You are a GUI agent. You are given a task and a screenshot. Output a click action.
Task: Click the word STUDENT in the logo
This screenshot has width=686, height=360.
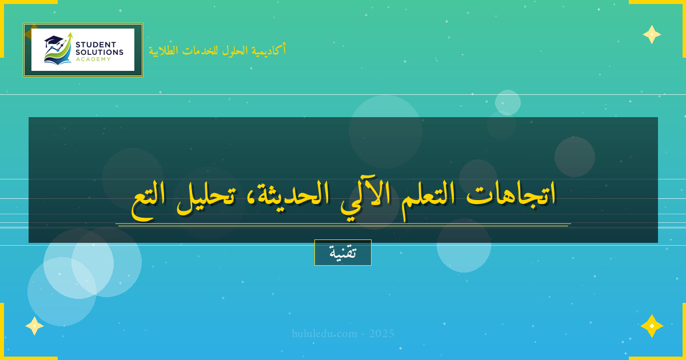tap(95, 45)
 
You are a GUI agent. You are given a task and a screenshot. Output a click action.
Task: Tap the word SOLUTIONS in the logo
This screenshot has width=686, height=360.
tap(99, 52)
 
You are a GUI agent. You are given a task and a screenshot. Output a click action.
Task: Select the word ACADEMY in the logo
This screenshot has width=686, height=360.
tap(93, 59)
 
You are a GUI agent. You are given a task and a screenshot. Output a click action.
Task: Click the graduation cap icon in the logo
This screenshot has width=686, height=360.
tap(53, 41)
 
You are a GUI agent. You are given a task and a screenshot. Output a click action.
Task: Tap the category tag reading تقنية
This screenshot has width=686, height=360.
tap(343, 253)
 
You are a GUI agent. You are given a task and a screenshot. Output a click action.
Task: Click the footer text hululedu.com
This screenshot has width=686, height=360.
tap(324, 333)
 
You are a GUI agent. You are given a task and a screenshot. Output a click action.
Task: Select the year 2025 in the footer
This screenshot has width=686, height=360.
tap(381, 333)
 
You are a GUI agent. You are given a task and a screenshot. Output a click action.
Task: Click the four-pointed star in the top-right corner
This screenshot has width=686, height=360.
tap(652, 34)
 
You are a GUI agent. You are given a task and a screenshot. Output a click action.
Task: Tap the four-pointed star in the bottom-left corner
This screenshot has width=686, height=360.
tap(34, 326)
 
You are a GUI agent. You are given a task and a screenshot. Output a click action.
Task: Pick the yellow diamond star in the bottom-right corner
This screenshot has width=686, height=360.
tap(652, 326)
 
